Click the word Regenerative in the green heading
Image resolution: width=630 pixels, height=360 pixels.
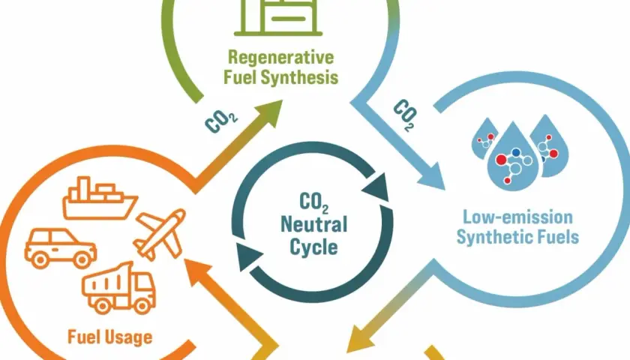(280, 58)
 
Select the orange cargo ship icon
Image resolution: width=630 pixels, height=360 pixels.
(100, 198)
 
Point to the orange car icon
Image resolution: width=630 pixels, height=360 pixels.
(61, 248)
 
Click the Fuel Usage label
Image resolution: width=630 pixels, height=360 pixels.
(110, 337)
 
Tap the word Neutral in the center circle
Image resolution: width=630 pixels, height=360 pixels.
(313, 224)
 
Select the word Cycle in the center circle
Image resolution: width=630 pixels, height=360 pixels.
(313, 247)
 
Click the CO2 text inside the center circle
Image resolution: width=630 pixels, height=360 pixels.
(313, 202)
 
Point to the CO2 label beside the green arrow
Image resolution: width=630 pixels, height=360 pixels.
(221, 121)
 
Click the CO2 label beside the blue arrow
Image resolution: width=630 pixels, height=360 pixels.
(404, 115)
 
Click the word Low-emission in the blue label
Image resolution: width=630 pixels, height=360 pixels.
(517, 217)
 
